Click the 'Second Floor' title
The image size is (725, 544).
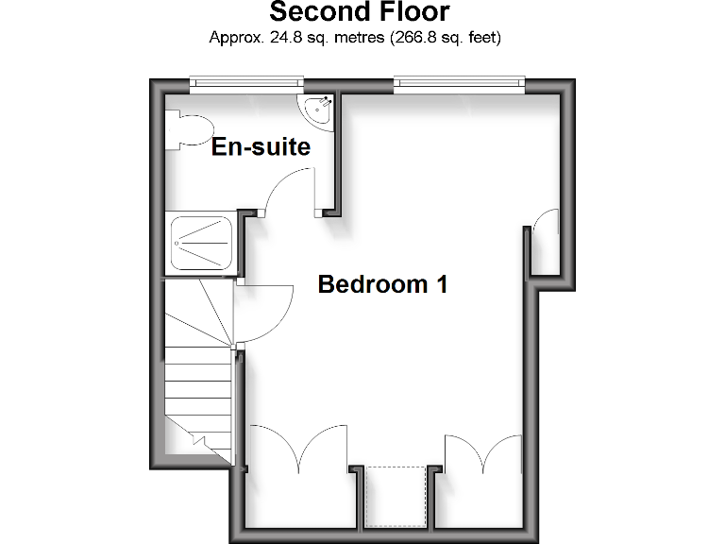(360, 13)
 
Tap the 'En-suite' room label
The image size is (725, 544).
(261, 147)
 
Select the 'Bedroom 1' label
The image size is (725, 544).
(382, 284)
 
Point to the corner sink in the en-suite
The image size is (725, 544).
(316, 109)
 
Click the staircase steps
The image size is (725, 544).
(198, 378)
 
